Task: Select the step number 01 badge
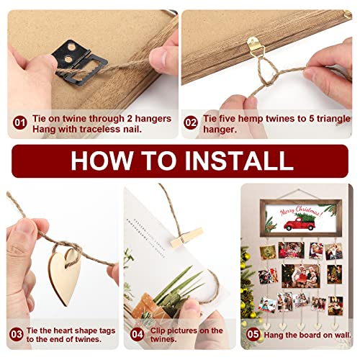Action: click(x=20, y=122)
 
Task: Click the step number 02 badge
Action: click(x=191, y=122)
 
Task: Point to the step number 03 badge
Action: click(x=17, y=334)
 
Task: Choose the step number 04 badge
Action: click(x=138, y=334)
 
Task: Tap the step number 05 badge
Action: click(x=253, y=334)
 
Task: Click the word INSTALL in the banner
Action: click(x=239, y=161)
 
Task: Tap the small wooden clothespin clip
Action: click(x=186, y=238)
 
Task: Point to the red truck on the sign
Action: click(x=299, y=224)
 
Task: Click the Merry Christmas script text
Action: click(x=301, y=210)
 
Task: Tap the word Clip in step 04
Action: click(x=158, y=331)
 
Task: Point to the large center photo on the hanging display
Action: click(x=301, y=276)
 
